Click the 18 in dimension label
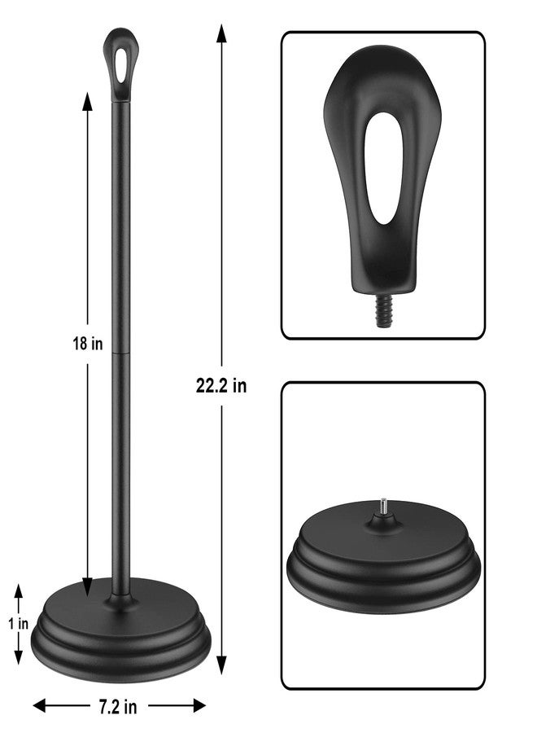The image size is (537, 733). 87,344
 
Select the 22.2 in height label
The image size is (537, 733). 221,386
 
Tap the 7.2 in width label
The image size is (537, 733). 118,707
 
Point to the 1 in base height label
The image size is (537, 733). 18,623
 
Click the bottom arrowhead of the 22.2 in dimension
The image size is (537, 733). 221,665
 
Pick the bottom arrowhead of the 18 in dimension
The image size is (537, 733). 87,586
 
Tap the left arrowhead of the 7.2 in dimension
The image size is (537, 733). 40,706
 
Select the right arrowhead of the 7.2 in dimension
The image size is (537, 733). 199,706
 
